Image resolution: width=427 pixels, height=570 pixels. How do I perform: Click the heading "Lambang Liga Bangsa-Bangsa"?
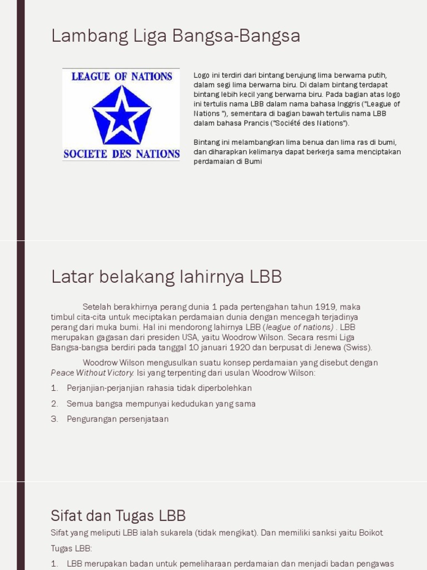176,36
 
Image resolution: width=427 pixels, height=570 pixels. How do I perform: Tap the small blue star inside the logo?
121,116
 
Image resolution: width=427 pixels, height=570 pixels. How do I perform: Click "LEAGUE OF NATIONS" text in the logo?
122,76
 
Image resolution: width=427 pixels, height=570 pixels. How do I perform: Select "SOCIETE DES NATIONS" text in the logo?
121,154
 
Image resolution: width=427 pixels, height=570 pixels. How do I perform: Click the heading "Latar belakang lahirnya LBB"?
166,277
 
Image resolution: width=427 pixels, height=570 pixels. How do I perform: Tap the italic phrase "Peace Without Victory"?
92,373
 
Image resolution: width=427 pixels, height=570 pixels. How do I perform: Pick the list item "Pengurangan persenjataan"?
117,419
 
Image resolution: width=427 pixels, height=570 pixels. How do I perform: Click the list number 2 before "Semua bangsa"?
54,404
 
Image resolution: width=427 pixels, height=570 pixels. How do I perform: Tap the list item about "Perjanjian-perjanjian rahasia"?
159,388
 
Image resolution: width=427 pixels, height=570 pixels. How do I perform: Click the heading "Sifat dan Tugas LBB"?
118,515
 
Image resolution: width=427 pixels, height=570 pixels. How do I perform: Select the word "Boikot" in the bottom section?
368,533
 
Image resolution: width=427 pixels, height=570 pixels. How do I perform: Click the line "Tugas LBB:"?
71,548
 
